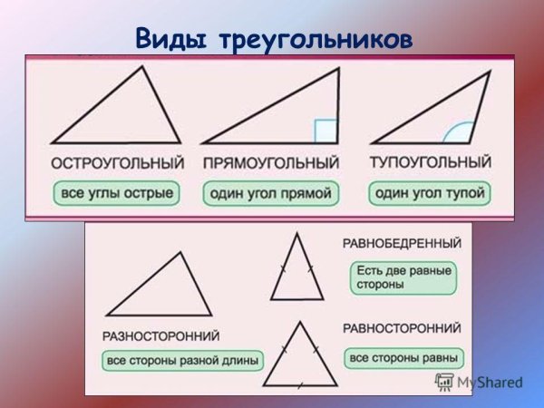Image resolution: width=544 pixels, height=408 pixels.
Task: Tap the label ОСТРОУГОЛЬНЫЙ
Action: [117, 163]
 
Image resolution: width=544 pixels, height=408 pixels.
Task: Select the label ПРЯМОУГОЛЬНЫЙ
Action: [271, 163]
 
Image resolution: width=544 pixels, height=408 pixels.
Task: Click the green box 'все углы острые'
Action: [117, 193]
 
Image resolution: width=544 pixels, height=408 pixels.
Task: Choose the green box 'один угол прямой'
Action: [270, 193]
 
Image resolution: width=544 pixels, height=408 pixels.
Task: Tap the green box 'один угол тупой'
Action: [430, 193]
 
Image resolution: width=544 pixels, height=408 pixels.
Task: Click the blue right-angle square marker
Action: [325, 131]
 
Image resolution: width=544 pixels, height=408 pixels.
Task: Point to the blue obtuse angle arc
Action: [457, 133]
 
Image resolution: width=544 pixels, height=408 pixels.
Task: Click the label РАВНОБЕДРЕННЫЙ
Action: [401, 244]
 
